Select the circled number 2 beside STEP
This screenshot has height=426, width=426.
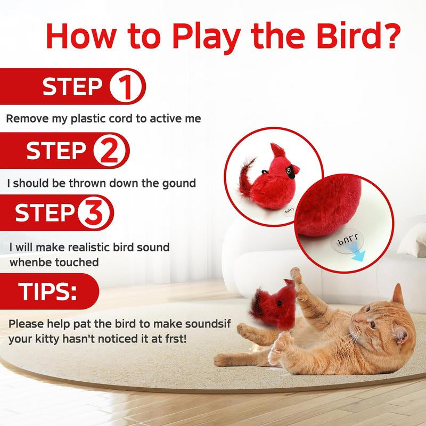(111, 152)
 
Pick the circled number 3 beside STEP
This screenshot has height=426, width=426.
(96, 214)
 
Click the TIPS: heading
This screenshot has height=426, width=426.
(48, 291)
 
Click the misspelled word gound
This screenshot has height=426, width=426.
(177, 183)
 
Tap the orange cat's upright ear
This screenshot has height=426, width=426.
(398, 294)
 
